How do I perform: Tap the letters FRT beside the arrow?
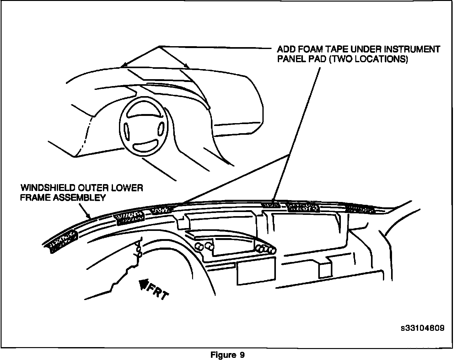(159, 292)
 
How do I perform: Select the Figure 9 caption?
(228, 355)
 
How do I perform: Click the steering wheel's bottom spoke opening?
(145, 146)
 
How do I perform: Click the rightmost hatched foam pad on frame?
(360, 209)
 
